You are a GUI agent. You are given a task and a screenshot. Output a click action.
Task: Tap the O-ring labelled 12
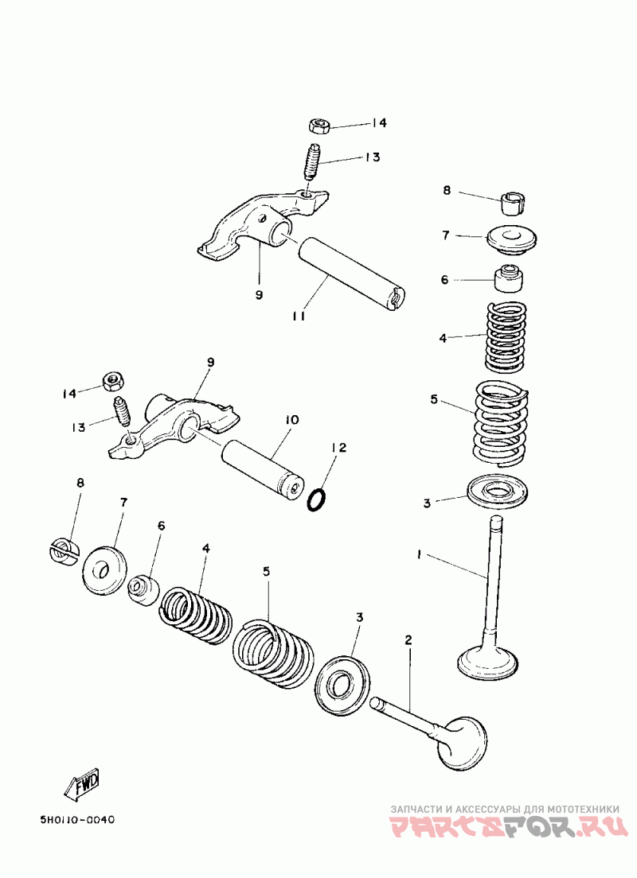click(317, 500)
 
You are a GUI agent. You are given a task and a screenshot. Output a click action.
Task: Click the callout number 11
click(299, 317)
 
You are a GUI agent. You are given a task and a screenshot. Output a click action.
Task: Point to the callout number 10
click(290, 419)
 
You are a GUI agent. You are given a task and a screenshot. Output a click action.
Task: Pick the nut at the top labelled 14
click(319, 126)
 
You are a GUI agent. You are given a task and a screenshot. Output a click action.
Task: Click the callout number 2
click(408, 640)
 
